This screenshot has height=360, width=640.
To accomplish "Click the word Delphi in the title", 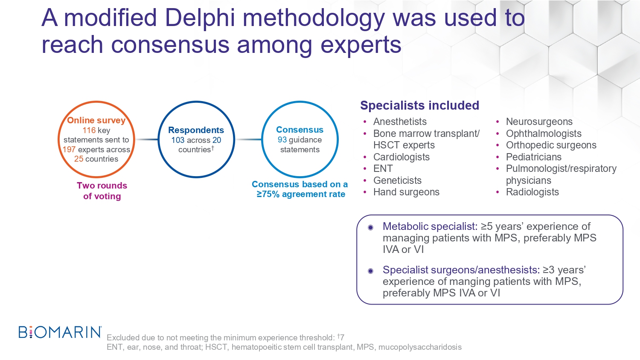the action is pyautogui.click(x=200, y=18).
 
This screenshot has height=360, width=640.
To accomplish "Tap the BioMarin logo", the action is pyautogui.click(x=60, y=332).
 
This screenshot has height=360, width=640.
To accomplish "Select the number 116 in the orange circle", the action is pyautogui.click(x=89, y=130).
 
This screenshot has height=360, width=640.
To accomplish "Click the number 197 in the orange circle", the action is pyautogui.click(x=69, y=149).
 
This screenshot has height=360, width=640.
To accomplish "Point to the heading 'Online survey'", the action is pyautogui.click(x=96, y=120).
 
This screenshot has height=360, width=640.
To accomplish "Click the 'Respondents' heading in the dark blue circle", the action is pyautogui.click(x=196, y=130).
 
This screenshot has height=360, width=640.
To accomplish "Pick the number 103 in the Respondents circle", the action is pyautogui.click(x=178, y=140).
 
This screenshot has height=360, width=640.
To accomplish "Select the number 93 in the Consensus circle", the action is pyautogui.click(x=282, y=140).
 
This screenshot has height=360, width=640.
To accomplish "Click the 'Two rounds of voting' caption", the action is pyautogui.click(x=102, y=191).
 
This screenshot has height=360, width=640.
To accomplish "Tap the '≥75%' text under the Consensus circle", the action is pyautogui.click(x=268, y=194).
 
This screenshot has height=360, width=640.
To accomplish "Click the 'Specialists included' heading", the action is pyautogui.click(x=420, y=105).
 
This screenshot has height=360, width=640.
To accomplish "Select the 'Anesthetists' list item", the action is pyautogui.click(x=400, y=122).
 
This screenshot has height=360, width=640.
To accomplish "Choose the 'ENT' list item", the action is pyautogui.click(x=383, y=168).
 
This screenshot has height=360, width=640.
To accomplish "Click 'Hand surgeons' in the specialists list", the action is pyautogui.click(x=406, y=192).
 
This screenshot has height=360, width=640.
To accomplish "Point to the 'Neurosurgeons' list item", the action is pyautogui.click(x=539, y=122).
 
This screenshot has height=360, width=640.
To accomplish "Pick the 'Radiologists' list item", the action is pyautogui.click(x=532, y=192).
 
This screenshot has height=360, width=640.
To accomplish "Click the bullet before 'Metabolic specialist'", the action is pyautogui.click(x=371, y=227).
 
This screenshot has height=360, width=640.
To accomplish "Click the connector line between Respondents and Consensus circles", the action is pyautogui.click(x=248, y=139).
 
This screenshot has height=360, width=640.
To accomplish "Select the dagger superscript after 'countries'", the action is pyautogui.click(x=212, y=148).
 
